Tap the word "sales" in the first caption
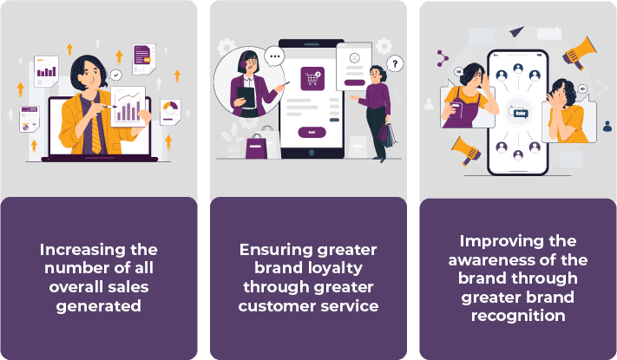131,287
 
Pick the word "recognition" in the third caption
518,316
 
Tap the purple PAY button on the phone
312,132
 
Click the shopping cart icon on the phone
312,78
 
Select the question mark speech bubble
395,63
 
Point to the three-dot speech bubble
274,56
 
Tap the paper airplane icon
516,31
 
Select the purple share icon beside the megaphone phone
443,59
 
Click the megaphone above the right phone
579,53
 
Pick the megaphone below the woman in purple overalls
466,151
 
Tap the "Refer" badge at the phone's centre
520,114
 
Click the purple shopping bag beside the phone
256,147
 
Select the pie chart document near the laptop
170,112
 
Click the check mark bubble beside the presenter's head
115,75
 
